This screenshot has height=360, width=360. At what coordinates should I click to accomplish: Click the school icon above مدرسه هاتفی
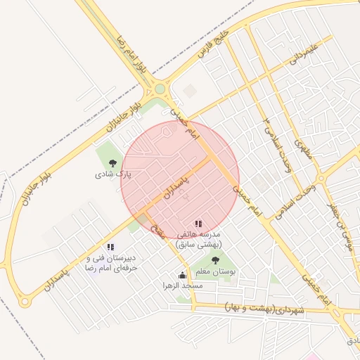[198, 224]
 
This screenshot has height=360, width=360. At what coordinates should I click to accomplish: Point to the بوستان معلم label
[215, 271]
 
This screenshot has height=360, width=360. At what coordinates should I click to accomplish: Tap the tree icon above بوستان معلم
[214, 260]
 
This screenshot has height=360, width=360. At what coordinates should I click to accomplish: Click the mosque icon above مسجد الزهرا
[183, 276]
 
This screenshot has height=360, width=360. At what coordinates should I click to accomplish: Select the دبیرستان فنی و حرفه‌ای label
[110, 263]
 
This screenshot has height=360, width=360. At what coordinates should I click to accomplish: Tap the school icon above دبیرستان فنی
[110, 247]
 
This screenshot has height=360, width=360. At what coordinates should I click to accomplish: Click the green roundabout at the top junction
[160, 89]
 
